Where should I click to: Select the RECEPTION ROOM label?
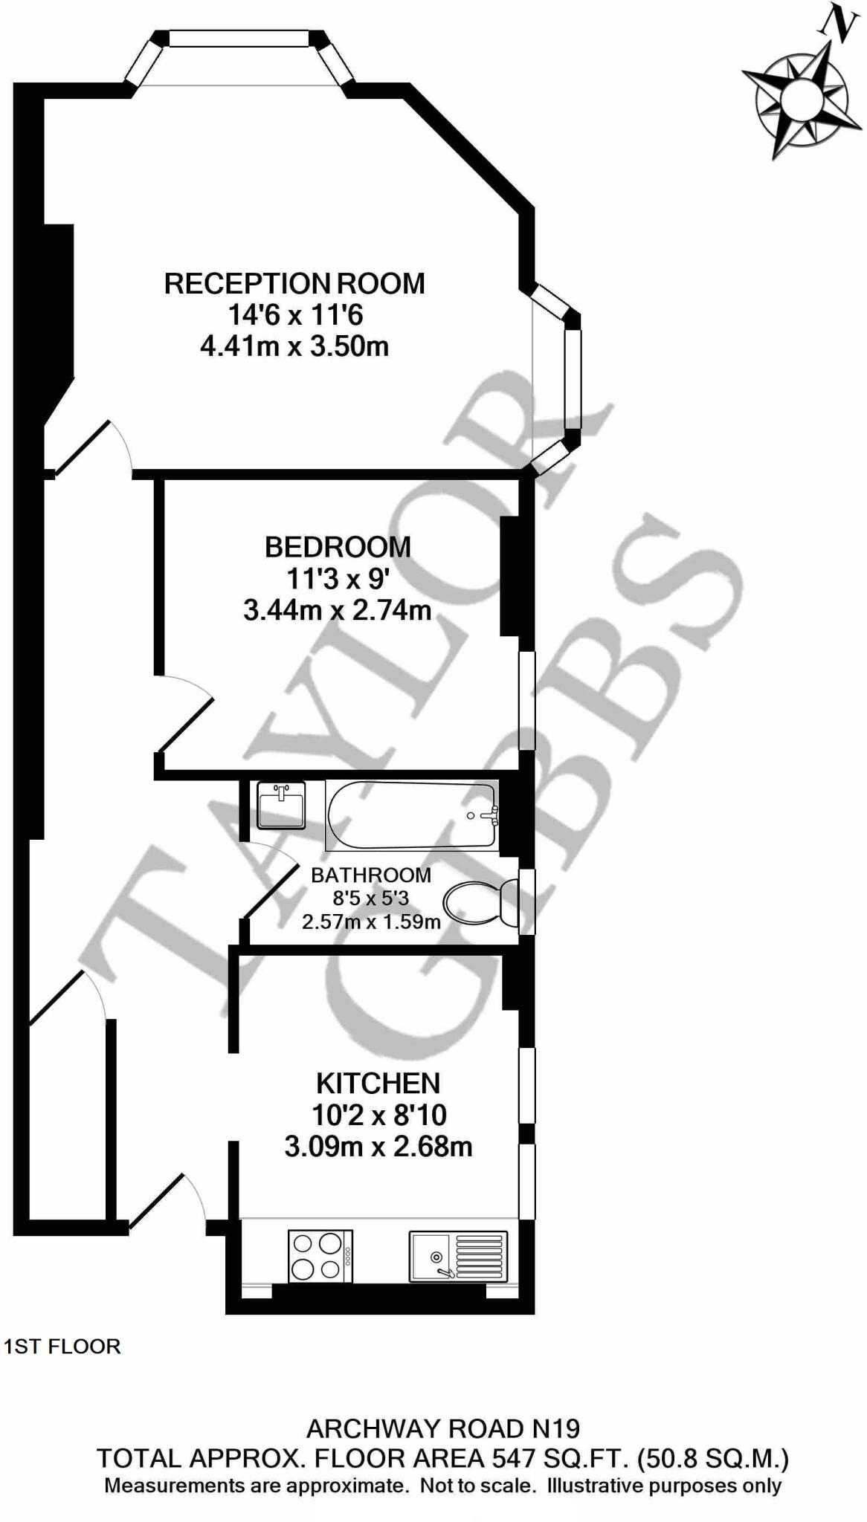click(x=294, y=284)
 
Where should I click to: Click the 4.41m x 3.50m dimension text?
click(x=294, y=346)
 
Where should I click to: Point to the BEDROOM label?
click(x=338, y=547)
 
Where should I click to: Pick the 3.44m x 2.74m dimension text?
click(x=338, y=610)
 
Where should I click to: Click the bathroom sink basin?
click(x=280, y=805)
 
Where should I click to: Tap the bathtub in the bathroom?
click(x=411, y=815)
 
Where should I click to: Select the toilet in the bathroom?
click(x=480, y=903)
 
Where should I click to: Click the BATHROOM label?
click(x=370, y=875)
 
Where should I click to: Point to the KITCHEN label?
click(x=378, y=1084)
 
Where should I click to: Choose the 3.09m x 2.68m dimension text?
click(x=378, y=1147)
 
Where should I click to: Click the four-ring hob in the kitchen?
click(x=320, y=1256)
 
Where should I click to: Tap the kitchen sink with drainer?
click(x=458, y=1256)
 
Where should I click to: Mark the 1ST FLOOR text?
click(x=62, y=1347)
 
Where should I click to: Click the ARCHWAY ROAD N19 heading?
click(x=443, y=1428)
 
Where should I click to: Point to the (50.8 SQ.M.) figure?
click(x=713, y=1459)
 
